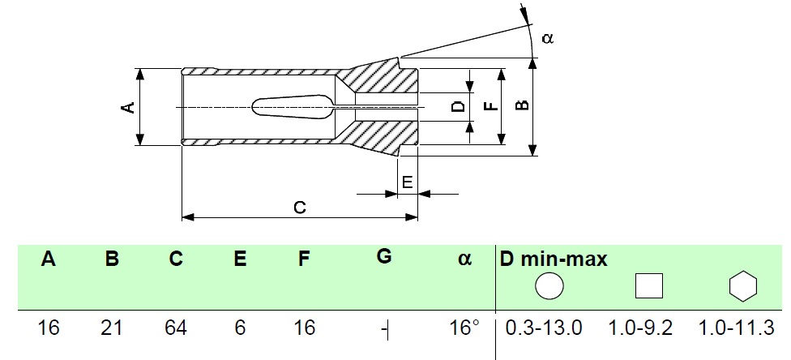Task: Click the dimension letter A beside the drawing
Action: (x=130, y=108)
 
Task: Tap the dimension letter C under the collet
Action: (x=300, y=208)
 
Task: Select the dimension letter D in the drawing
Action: (x=458, y=106)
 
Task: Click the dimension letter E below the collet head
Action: (x=408, y=182)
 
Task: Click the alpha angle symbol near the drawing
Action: (x=548, y=38)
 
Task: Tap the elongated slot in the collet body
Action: (x=293, y=107)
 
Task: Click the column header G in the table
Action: (x=384, y=256)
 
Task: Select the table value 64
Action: (x=176, y=328)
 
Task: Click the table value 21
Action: (x=112, y=328)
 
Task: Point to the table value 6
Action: (x=240, y=328)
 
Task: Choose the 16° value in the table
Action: (x=464, y=328)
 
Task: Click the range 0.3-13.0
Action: (x=544, y=328)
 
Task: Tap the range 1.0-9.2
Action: (x=641, y=328)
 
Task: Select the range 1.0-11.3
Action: (x=736, y=328)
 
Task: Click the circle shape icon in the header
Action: (x=549, y=286)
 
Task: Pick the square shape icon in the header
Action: (x=648, y=286)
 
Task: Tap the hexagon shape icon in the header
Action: (x=743, y=286)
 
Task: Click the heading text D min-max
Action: (x=554, y=259)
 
